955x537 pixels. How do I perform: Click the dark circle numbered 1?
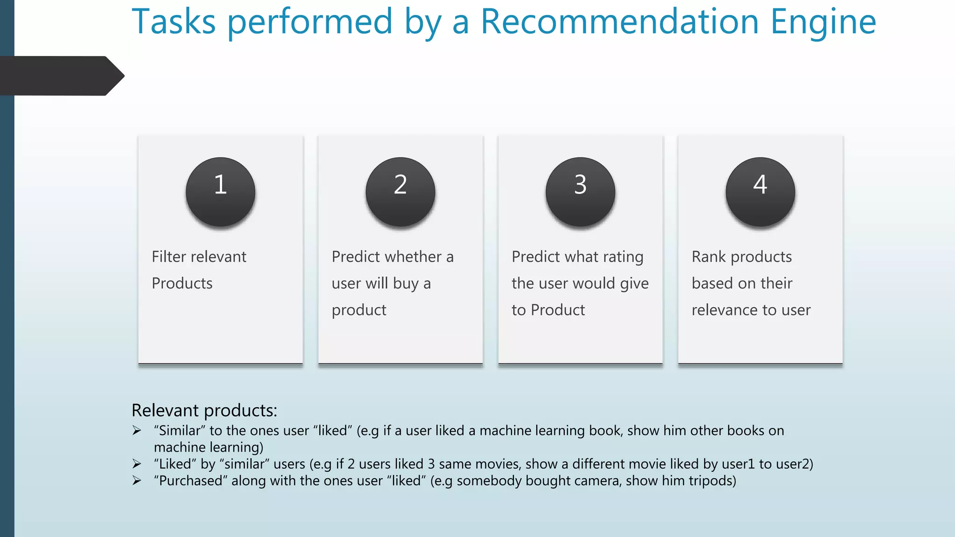(x=220, y=192)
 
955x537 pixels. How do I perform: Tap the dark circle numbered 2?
(x=400, y=192)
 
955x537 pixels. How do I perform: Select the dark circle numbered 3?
(x=580, y=192)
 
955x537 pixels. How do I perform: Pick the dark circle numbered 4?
(x=760, y=192)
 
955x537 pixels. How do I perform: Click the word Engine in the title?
(x=823, y=22)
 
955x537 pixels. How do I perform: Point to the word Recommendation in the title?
(x=620, y=21)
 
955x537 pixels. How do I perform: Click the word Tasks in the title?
(x=174, y=21)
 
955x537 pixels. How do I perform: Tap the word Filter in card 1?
(x=169, y=257)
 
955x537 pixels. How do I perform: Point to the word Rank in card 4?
(x=708, y=257)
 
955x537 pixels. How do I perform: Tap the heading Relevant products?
(x=204, y=411)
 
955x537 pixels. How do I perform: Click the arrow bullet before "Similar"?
(x=137, y=430)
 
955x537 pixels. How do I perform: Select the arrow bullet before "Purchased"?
(x=137, y=481)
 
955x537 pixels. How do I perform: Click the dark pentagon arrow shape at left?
(x=61, y=76)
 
